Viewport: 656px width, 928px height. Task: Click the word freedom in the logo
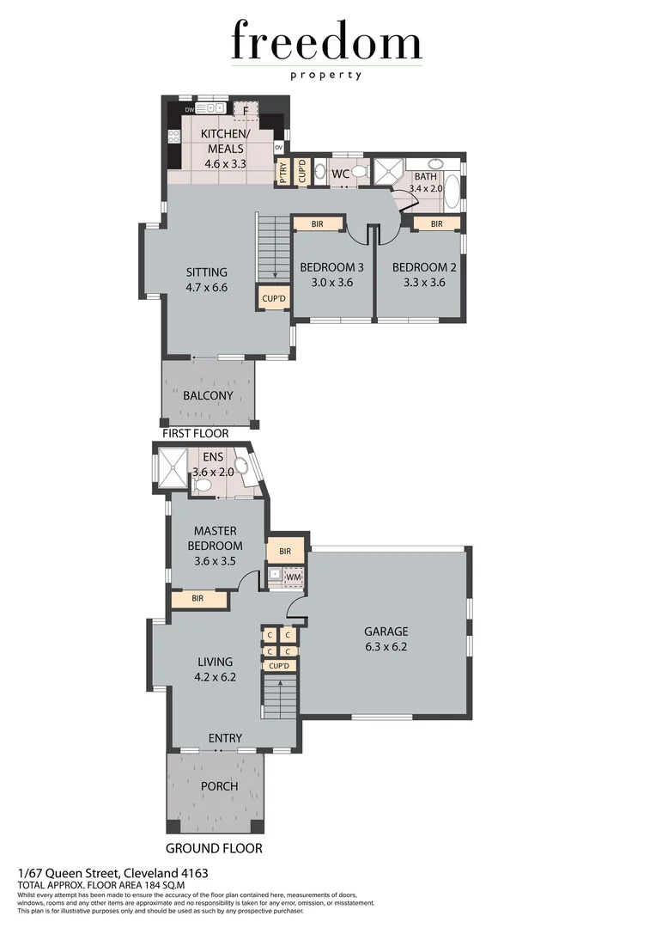326,43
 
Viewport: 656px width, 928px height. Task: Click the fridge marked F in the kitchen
246,111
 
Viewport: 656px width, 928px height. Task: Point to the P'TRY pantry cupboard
282,172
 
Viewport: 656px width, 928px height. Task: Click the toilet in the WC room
358,172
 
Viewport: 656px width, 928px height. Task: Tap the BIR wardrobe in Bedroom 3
317,223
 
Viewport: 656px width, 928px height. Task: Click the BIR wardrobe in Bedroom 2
436,223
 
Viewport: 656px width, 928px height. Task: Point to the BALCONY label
208,395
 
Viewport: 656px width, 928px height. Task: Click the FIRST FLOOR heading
195,434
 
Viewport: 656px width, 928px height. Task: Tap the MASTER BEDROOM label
216,538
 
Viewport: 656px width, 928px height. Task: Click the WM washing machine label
294,577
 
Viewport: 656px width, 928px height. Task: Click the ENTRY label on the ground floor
225,737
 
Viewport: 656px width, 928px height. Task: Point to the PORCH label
219,786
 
